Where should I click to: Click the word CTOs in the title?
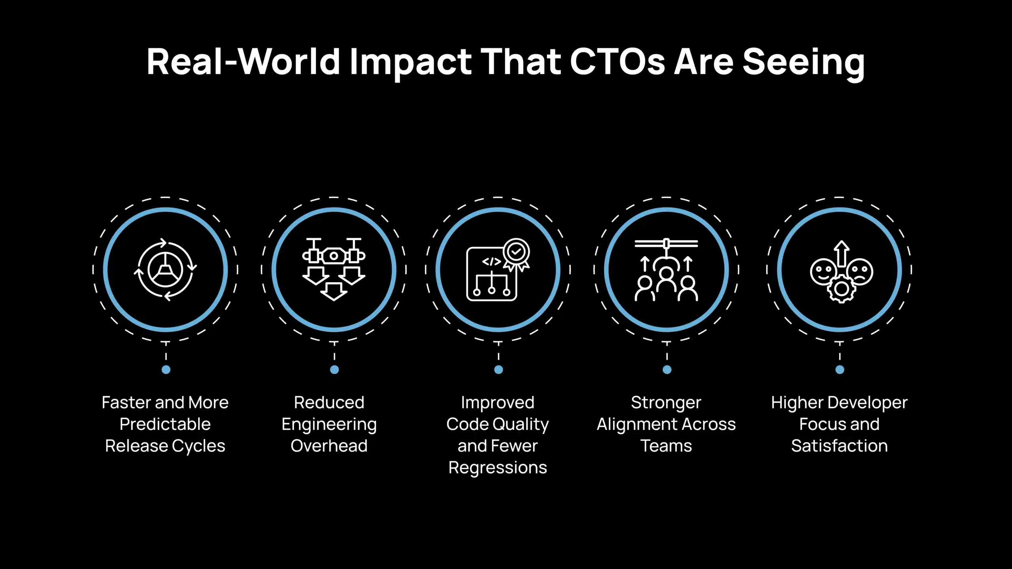pyautogui.click(x=617, y=62)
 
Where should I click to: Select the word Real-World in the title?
pyautogui.click(x=243, y=62)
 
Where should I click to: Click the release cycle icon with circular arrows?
pyautogui.click(x=165, y=269)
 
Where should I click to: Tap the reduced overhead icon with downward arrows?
pyautogui.click(x=334, y=269)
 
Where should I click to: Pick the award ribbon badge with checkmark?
pyautogui.click(x=516, y=253)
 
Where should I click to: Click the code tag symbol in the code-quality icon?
pyautogui.click(x=491, y=262)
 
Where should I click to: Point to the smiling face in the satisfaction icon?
pyautogui.click(x=823, y=271)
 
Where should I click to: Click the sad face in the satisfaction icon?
pyautogui.click(x=860, y=271)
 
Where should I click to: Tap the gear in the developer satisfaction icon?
pyautogui.click(x=842, y=289)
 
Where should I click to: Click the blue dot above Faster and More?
pyautogui.click(x=166, y=369)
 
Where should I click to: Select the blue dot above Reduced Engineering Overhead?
pyautogui.click(x=334, y=369)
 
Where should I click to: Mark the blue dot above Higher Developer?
pyautogui.click(x=840, y=369)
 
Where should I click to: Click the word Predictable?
pyautogui.click(x=165, y=424)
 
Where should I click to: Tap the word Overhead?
pyautogui.click(x=329, y=446)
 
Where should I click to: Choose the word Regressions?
pyautogui.click(x=498, y=468)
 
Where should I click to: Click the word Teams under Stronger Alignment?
pyautogui.click(x=666, y=446)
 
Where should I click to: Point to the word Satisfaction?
pyautogui.click(x=839, y=446)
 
